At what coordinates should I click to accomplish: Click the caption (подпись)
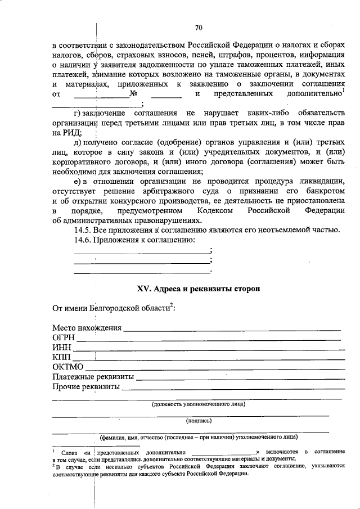(x=199, y=420)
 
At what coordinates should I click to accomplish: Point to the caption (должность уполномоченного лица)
(x=199, y=403)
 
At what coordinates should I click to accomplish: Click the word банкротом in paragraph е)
(x=324, y=190)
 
